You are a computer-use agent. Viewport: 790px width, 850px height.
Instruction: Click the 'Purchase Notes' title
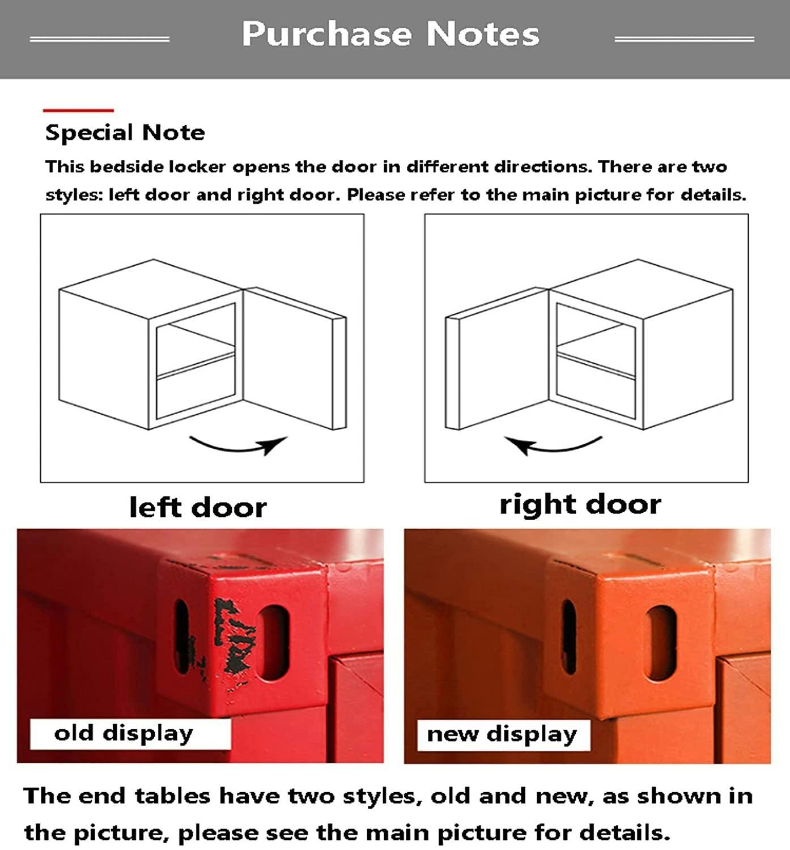[x=390, y=34]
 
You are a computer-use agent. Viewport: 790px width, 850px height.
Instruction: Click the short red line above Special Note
[x=78, y=110]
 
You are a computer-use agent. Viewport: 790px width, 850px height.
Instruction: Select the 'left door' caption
[x=198, y=508]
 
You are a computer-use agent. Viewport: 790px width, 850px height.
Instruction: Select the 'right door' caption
[x=580, y=505]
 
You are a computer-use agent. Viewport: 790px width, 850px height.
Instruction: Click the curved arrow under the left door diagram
[x=237, y=447]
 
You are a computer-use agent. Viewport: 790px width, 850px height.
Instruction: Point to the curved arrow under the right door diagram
[x=553, y=447]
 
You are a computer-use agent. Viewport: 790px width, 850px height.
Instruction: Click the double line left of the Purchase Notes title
[x=99, y=39]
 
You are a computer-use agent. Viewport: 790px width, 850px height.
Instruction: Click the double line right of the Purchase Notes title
[x=684, y=39]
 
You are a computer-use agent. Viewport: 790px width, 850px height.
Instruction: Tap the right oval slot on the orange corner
[x=661, y=643]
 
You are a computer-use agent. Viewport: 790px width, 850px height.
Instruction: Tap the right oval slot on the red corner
[x=273, y=643]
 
